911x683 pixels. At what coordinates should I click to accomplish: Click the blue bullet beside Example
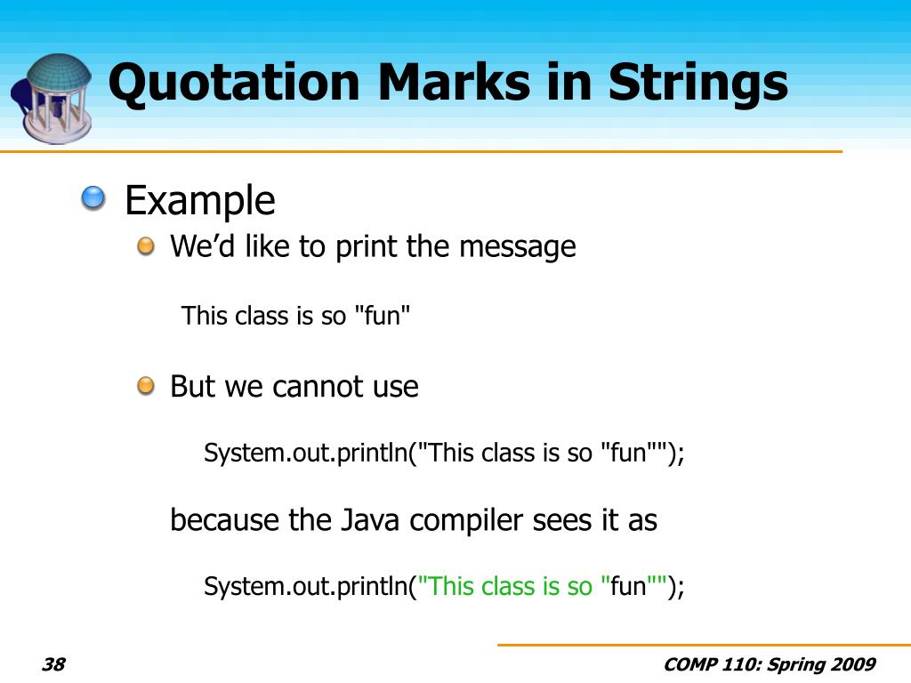click(92, 199)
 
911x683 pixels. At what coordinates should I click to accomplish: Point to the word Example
click(200, 201)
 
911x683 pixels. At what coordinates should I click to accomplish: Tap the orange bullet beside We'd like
click(145, 246)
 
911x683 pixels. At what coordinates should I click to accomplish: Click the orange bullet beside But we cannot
click(145, 386)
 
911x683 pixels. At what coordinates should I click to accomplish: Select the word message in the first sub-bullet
click(517, 247)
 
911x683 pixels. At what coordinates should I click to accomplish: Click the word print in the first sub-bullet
click(366, 247)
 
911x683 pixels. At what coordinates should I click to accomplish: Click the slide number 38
click(54, 664)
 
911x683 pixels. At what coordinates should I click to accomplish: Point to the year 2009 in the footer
click(852, 664)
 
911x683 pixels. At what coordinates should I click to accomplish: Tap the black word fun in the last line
click(627, 587)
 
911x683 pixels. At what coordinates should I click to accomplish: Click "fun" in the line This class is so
click(383, 317)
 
